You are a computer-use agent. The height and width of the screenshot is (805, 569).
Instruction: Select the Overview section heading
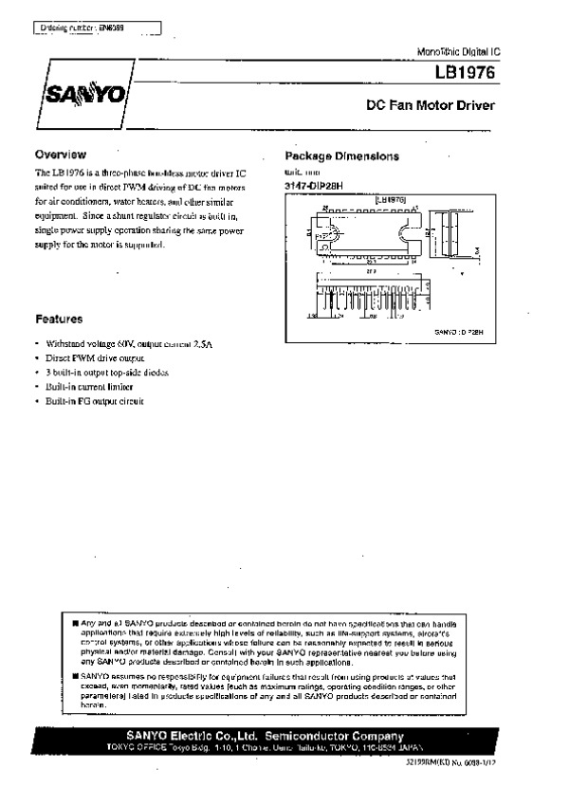click(61, 155)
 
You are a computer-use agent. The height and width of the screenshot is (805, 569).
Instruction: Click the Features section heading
click(59, 320)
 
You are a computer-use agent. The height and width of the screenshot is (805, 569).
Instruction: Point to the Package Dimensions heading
click(342, 156)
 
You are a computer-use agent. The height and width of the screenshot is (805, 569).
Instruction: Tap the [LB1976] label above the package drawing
click(391, 201)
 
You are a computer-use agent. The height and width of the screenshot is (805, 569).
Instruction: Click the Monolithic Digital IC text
click(456, 49)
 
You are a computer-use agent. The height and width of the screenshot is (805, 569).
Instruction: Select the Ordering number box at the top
click(96, 29)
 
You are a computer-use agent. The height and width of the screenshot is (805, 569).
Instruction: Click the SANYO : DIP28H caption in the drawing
click(459, 334)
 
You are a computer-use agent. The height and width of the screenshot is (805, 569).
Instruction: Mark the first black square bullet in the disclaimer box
click(76, 622)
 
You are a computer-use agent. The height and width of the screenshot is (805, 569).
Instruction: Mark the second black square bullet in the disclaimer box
click(76, 676)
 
